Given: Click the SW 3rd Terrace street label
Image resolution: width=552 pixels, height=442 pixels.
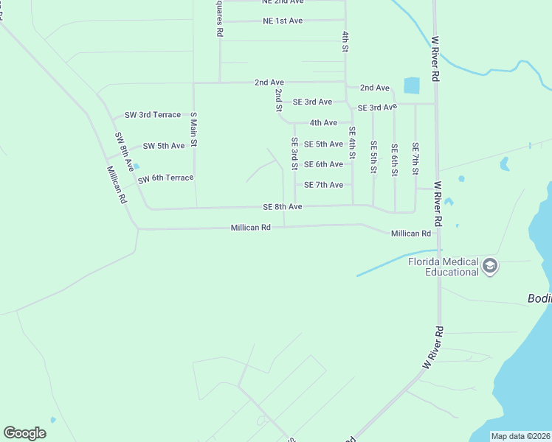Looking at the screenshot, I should (152, 115).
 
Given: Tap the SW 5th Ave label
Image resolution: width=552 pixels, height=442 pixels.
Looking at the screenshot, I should (163, 146).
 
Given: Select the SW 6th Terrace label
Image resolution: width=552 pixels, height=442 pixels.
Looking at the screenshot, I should (165, 178).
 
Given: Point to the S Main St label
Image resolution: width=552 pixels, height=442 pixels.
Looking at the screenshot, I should (193, 130).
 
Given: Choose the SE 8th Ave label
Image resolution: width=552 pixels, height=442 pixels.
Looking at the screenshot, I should (282, 207).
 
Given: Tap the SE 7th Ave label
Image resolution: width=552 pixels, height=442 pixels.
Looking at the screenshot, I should (323, 184).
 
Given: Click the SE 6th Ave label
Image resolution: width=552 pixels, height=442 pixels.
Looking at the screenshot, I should (323, 164).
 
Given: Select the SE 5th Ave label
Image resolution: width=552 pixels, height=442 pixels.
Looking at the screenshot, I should (323, 144).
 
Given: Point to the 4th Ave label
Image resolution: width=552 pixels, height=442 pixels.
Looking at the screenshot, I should (323, 123).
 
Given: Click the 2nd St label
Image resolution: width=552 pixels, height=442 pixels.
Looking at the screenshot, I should (279, 99).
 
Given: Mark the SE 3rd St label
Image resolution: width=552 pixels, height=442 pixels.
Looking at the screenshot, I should (294, 154).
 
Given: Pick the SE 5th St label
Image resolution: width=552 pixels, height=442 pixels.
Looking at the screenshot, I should (373, 157).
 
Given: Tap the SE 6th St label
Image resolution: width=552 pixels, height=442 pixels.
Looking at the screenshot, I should (395, 160).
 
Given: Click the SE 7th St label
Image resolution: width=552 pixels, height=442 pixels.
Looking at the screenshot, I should (415, 158).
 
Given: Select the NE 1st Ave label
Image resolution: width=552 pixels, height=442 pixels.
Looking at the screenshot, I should (283, 21).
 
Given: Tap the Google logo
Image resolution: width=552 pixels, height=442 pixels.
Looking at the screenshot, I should (24, 433).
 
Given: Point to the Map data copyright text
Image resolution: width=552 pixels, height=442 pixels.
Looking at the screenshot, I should (520, 436).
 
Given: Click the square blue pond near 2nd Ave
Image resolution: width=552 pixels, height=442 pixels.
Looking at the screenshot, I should (412, 85).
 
